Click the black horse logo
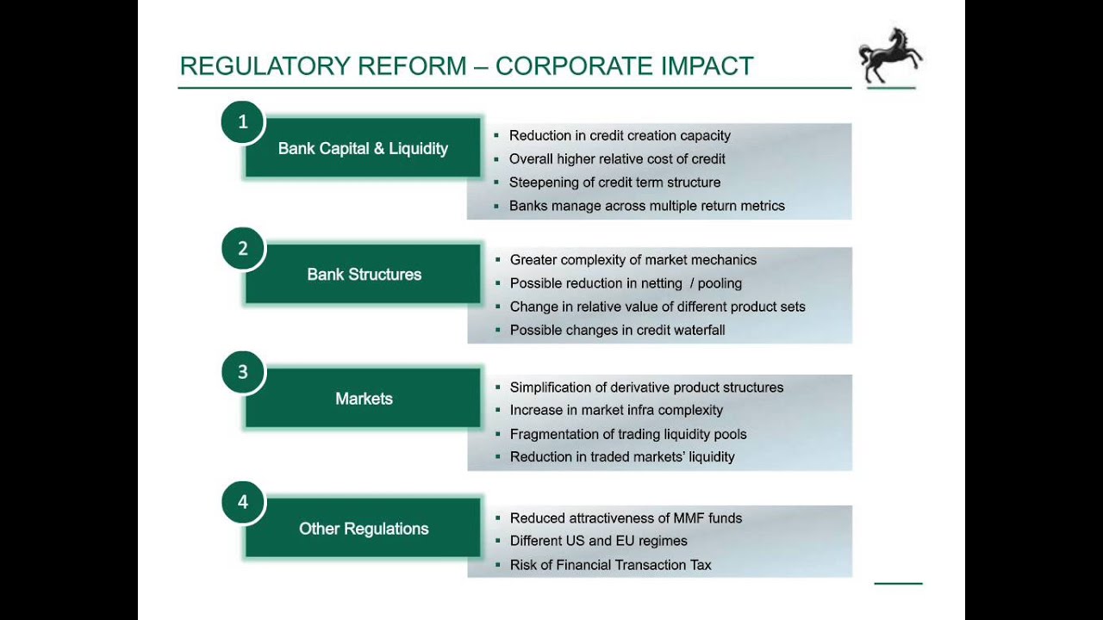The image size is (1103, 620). [x=889, y=56]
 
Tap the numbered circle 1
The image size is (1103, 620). [x=243, y=122]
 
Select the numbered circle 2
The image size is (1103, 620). [x=243, y=249]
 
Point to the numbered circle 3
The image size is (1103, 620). [x=243, y=372]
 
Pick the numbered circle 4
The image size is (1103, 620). [x=243, y=502]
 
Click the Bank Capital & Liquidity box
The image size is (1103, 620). [x=363, y=149]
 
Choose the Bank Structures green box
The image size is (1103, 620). [x=364, y=275]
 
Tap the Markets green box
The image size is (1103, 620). [x=364, y=399]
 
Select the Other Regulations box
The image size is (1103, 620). [x=364, y=529]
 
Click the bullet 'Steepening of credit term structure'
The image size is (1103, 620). [x=614, y=183]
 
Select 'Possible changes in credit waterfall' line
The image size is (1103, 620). [x=617, y=331]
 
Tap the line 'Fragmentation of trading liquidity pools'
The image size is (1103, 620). [x=628, y=434]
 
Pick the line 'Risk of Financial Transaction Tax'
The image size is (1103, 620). [x=610, y=565]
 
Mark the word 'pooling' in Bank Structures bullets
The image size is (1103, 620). [x=720, y=283]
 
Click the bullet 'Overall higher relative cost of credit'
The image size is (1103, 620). [x=617, y=159]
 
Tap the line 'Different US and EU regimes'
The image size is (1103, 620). [x=598, y=542]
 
